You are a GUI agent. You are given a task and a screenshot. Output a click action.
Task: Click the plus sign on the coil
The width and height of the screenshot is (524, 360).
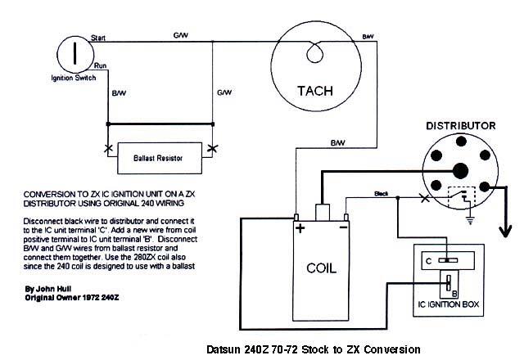point(300,230)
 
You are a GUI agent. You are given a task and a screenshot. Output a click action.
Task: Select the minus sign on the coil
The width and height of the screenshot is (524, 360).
point(344,230)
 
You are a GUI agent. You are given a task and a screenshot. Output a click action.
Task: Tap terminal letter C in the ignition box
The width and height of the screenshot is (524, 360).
point(427,260)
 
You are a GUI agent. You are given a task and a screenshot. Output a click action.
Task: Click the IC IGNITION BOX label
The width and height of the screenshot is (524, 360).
point(447,309)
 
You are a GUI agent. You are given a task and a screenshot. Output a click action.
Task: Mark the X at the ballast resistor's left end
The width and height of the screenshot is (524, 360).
point(108,147)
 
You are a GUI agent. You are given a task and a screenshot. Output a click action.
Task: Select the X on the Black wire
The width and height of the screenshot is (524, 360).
point(423,198)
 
